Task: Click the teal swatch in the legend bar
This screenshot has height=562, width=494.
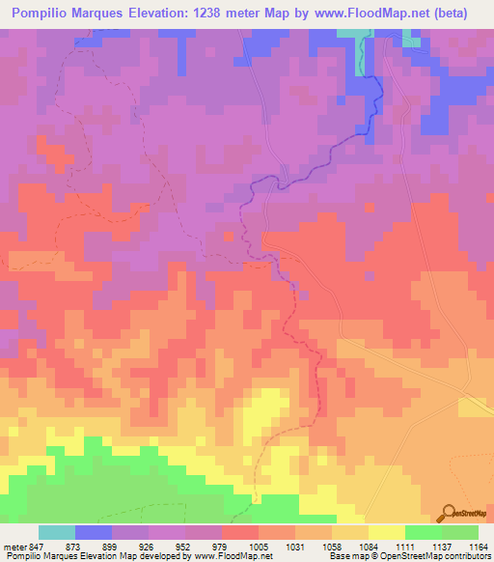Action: pyautogui.click(x=57, y=532)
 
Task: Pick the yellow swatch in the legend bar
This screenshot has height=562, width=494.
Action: pyautogui.click(x=387, y=532)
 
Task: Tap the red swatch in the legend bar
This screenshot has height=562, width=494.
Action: pyautogui.click(x=240, y=532)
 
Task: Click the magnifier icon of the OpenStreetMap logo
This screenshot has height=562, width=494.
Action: pyautogui.click(x=447, y=513)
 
